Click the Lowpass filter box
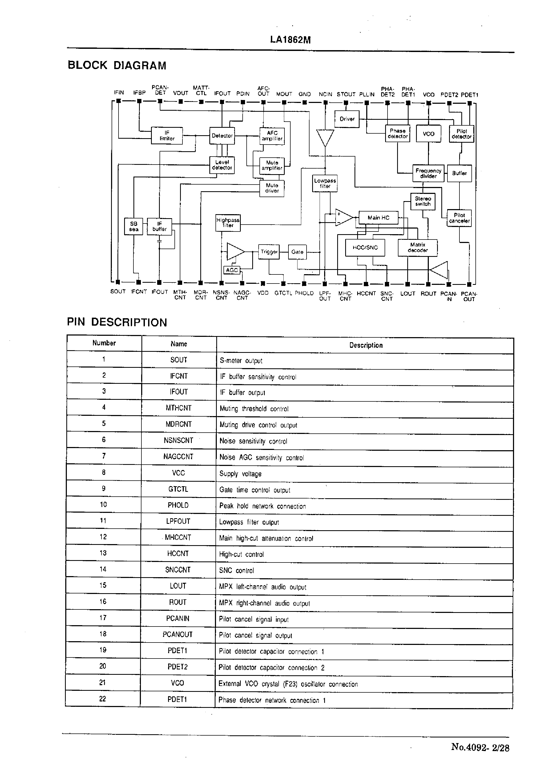point(325,183)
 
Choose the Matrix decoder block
point(418,248)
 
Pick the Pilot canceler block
point(459,218)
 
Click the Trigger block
point(269,252)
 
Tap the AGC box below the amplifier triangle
point(232,270)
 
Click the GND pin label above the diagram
point(304,94)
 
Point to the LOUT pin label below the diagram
point(408,294)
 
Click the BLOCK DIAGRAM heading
point(117,65)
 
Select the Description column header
point(366,345)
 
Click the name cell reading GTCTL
point(178,489)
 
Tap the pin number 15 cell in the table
point(103,585)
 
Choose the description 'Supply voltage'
point(240,474)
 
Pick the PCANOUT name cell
point(177,635)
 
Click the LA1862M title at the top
point(290,40)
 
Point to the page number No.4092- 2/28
point(480,748)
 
